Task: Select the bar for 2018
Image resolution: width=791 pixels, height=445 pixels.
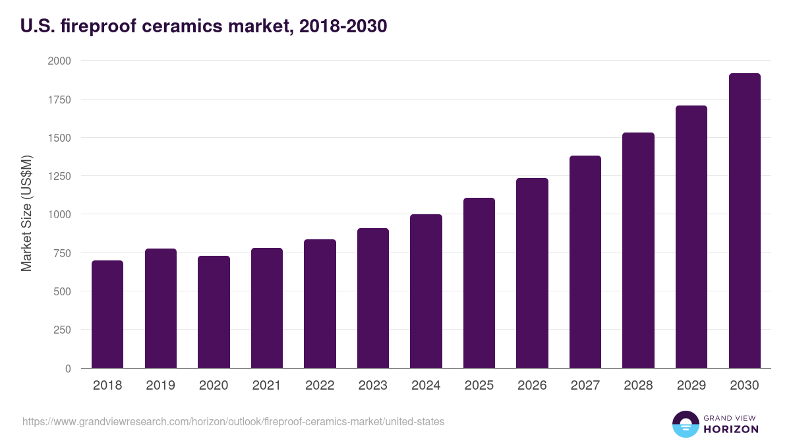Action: click(x=107, y=314)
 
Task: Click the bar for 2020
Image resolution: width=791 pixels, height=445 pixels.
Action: click(x=214, y=312)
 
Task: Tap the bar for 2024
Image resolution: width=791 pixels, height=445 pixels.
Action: click(x=426, y=291)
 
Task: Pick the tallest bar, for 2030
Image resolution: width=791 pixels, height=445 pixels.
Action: click(x=744, y=221)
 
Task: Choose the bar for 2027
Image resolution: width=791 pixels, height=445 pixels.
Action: click(x=585, y=262)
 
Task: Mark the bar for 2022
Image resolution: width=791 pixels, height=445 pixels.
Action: click(x=320, y=304)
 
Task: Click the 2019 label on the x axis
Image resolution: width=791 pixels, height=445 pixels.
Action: click(x=160, y=386)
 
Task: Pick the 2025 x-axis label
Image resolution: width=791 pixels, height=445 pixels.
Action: click(x=479, y=386)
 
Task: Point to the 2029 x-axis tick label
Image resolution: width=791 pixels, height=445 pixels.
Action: click(x=691, y=386)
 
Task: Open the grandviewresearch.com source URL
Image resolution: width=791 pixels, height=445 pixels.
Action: click(x=233, y=421)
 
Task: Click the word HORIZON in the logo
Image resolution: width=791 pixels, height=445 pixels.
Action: click(x=731, y=429)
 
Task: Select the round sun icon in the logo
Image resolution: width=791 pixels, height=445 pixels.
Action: click(x=685, y=424)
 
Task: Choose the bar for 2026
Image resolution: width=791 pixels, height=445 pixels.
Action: click(x=532, y=273)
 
